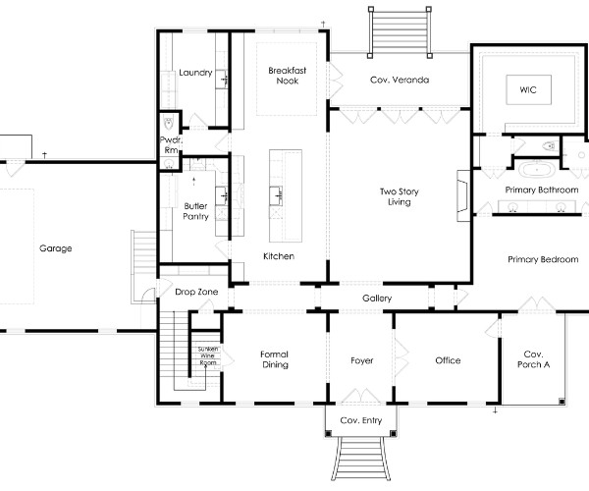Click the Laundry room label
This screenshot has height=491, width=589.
(x=195, y=73)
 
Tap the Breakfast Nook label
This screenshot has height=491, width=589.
(x=288, y=76)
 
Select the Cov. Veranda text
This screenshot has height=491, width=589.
(x=400, y=80)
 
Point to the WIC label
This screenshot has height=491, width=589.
(x=528, y=89)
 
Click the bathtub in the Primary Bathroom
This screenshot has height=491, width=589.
(x=537, y=170)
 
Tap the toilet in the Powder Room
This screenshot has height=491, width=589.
(x=169, y=122)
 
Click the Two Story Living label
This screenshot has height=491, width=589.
(x=399, y=196)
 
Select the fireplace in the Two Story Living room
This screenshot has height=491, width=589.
(x=463, y=195)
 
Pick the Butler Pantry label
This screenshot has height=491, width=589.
(x=195, y=211)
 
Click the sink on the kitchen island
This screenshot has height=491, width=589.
(x=276, y=195)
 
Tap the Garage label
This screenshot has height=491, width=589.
(x=56, y=248)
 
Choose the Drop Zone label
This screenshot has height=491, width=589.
(x=196, y=292)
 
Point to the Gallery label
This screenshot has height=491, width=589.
(x=377, y=299)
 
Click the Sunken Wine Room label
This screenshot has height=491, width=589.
(x=208, y=355)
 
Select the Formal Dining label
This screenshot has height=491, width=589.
(x=275, y=359)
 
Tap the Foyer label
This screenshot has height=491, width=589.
(x=361, y=360)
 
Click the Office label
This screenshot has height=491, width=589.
(x=448, y=360)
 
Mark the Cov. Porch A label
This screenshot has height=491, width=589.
(x=533, y=359)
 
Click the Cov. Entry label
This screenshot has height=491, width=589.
(x=360, y=420)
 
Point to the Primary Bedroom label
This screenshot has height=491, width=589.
(x=543, y=259)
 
